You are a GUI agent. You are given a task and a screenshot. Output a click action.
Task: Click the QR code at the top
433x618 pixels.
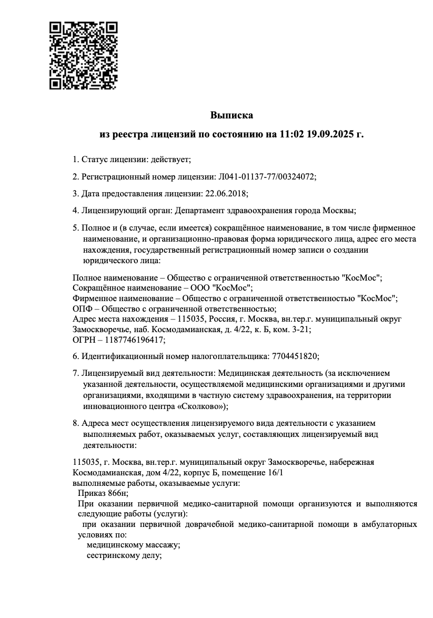(83, 55)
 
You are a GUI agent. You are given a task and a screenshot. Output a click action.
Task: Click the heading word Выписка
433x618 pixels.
(231, 115)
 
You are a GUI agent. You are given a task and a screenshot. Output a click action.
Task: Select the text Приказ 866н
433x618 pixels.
(102, 493)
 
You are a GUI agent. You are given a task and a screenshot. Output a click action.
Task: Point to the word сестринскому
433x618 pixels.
(113, 555)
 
